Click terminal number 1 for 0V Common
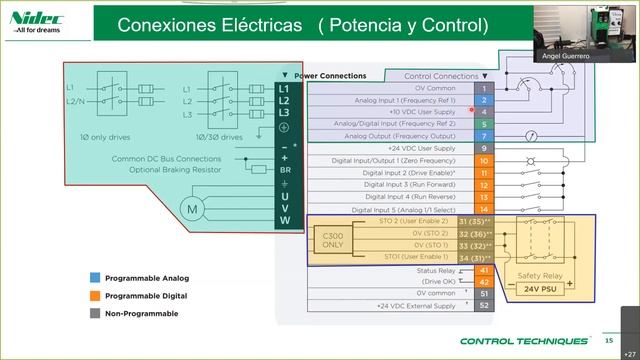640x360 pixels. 484,88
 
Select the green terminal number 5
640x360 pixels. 484,124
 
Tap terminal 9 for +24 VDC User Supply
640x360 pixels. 484,148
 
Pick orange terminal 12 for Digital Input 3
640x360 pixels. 484,184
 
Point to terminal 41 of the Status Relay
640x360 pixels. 484,270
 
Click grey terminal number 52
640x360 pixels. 484,305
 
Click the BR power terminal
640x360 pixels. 284,170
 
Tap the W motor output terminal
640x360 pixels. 284,220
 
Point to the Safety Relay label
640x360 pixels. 539,275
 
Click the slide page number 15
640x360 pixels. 608,341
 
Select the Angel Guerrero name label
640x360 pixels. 588,56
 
